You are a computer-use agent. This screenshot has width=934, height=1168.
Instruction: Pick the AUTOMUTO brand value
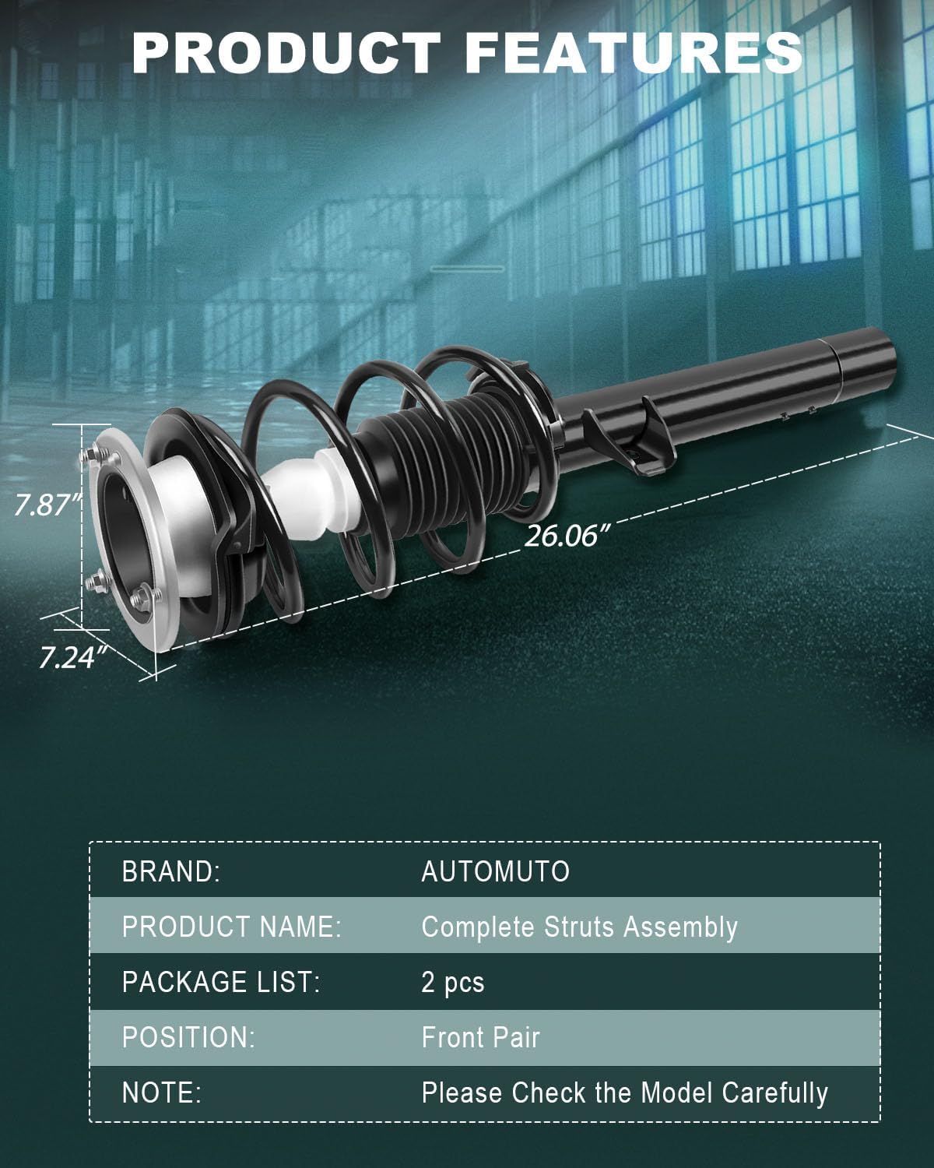point(495,871)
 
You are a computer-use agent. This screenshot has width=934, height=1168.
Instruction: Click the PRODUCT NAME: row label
point(231,927)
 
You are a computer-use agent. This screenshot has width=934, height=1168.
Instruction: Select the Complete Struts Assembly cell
point(579,927)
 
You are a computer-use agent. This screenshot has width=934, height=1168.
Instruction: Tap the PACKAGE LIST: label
point(221,982)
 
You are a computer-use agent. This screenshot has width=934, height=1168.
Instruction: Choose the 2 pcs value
point(452,983)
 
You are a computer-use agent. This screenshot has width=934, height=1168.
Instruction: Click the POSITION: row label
point(188,1037)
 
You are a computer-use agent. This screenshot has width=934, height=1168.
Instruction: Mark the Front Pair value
point(480,1037)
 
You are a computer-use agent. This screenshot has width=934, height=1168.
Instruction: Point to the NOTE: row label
point(161,1092)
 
